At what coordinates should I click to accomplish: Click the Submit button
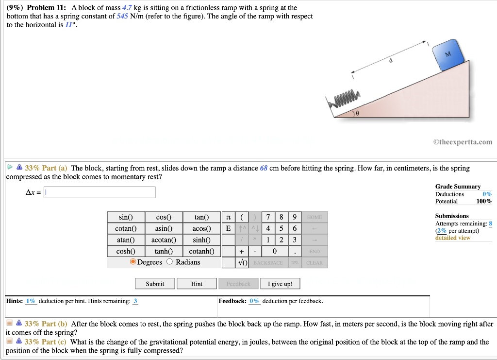(155, 284)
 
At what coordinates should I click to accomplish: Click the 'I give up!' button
(280, 284)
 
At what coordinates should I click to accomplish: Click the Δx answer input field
(99, 192)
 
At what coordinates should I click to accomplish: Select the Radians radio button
(170, 262)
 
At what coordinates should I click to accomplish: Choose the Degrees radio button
(133, 262)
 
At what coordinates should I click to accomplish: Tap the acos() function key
(201, 228)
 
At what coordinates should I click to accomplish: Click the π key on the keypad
(229, 217)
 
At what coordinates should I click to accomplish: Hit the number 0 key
(275, 251)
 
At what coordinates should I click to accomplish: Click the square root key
(242, 263)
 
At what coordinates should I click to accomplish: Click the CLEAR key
(315, 263)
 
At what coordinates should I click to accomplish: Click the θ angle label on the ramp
(357, 113)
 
